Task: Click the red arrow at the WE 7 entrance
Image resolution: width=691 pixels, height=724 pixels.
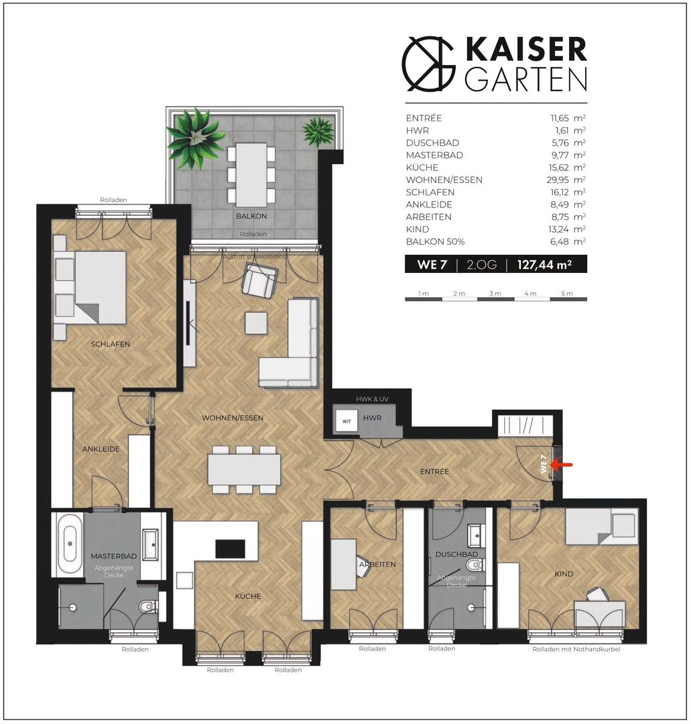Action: click(562, 465)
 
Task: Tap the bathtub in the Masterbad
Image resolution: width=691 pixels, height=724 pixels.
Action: click(70, 544)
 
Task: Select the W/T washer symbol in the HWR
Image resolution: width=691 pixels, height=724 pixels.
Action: click(347, 421)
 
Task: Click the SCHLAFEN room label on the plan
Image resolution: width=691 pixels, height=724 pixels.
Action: click(111, 344)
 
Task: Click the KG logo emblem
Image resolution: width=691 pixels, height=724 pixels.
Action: click(428, 63)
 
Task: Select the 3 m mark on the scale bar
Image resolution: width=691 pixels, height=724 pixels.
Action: click(495, 294)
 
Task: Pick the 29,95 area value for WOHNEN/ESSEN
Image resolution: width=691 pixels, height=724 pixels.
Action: click(558, 180)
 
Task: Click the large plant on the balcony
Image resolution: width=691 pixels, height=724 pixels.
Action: click(196, 138)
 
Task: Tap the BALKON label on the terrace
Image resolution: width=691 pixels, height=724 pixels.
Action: click(251, 216)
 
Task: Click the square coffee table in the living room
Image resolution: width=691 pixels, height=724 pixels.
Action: click(256, 323)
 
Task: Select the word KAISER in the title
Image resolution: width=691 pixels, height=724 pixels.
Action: click(526, 49)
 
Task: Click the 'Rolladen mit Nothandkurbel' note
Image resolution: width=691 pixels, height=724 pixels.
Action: click(576, 649)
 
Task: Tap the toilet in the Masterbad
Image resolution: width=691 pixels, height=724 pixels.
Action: click(149, 605)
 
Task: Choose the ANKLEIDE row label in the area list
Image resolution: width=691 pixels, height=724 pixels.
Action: click(429, 204)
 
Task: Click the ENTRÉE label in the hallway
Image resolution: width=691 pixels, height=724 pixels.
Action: click(434, 471)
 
